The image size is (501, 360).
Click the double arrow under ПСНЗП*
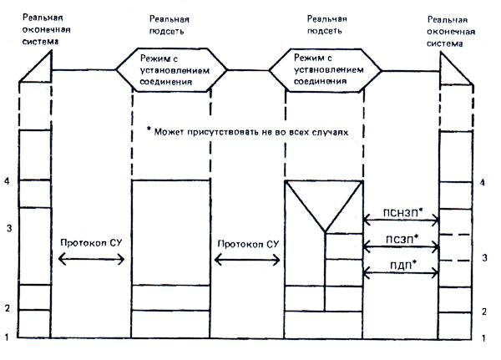402,221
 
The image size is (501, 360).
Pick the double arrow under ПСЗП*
402,246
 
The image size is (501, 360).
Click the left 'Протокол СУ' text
92,243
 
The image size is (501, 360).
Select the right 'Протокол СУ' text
247,243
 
